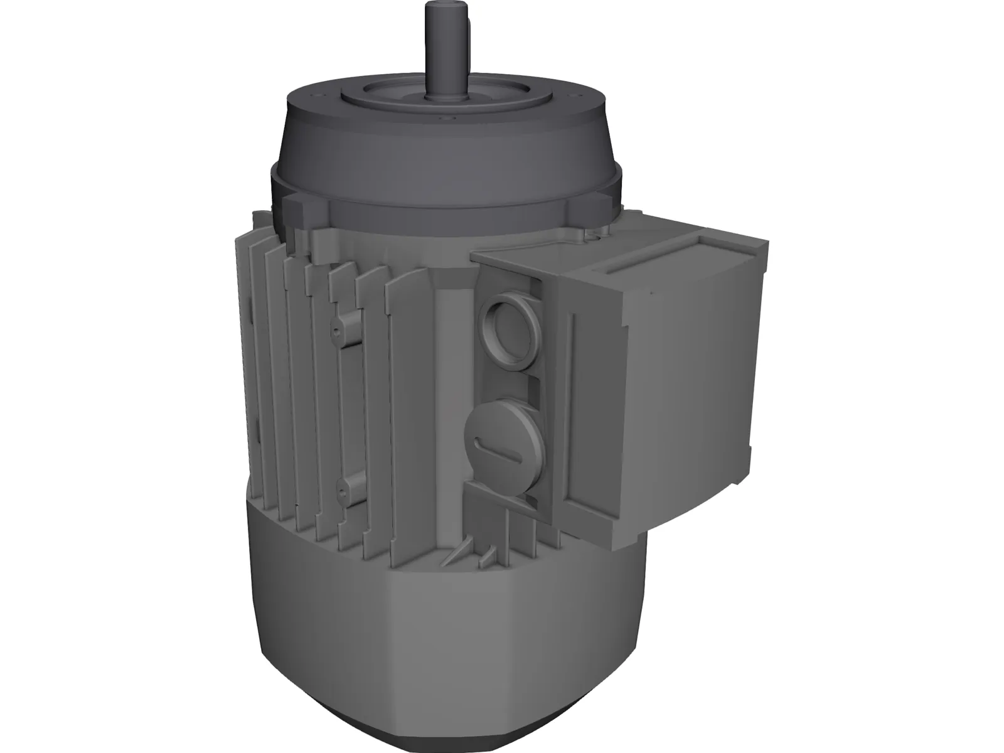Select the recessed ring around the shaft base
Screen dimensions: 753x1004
[x=402, y=94]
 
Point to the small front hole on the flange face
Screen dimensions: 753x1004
[x=447, y=118]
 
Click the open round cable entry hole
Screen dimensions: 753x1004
[x=506, y=317]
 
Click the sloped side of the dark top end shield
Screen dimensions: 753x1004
[x=439, y=151]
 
